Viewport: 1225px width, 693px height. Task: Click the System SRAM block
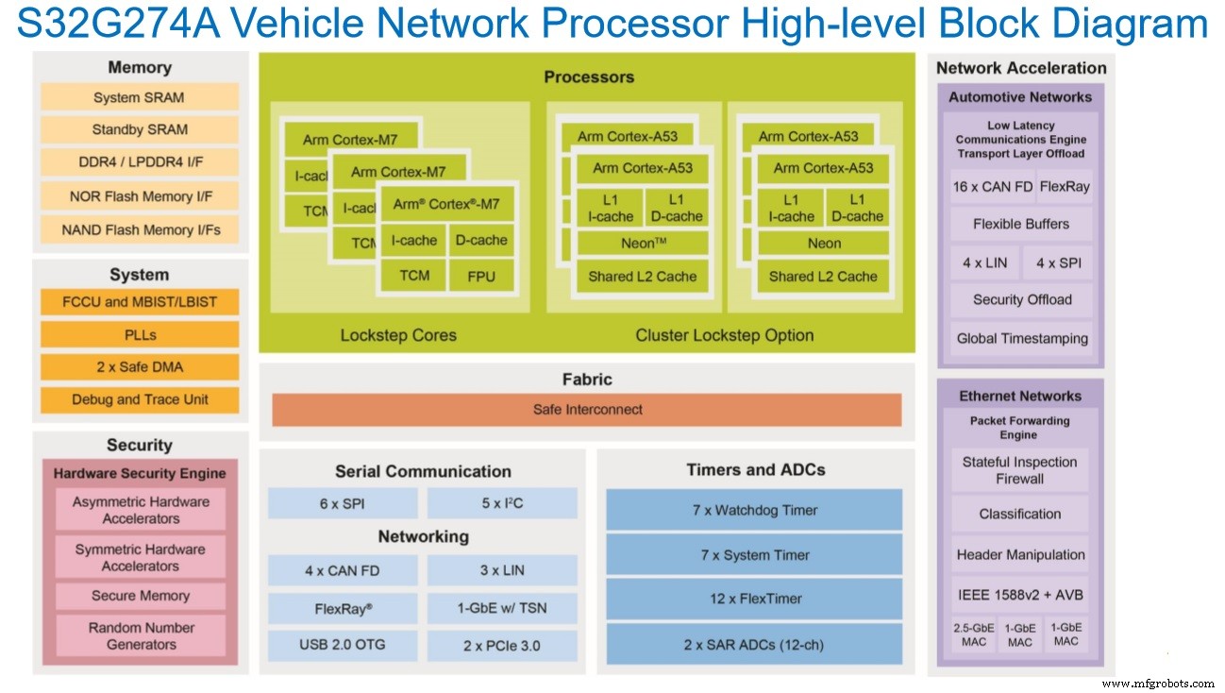139,98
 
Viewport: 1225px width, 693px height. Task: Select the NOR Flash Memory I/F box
140,196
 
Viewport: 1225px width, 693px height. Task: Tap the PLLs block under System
140,335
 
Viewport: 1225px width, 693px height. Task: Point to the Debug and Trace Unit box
140,399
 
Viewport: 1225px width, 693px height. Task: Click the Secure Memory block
140,596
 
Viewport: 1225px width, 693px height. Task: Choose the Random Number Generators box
140,635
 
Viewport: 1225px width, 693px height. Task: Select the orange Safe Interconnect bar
587,410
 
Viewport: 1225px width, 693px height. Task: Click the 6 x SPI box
342,504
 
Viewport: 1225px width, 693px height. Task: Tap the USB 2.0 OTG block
342,645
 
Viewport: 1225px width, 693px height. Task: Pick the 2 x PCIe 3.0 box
501,645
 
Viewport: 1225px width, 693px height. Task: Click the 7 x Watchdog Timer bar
754,510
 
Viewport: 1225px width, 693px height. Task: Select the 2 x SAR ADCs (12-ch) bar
754,645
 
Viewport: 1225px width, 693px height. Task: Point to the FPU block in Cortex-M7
480,276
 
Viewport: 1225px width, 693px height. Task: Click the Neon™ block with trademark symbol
643,244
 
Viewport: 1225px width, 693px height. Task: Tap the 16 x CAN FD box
992,187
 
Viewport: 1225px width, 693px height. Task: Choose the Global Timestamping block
1022,338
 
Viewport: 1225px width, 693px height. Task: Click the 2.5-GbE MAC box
972,634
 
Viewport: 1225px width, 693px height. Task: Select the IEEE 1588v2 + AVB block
1019,595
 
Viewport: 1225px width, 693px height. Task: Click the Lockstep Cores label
398,335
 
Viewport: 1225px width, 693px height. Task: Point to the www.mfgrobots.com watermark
1158,683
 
